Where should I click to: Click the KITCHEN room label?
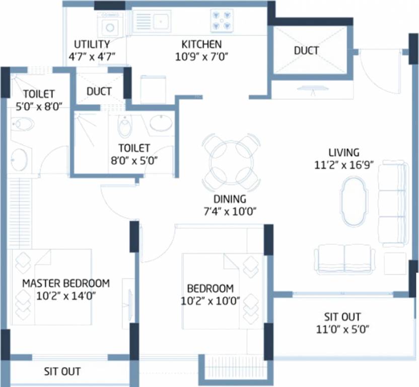(x=201, y=44)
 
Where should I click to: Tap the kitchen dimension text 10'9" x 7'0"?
(x=201, y=56)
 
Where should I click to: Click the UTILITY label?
(x=92, y=44)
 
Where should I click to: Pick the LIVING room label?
(x=344, y=152)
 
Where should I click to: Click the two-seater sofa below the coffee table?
(x=344, y=259)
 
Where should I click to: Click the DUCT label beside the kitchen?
(x=306, y=50)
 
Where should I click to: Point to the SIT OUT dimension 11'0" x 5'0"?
(x=342, y=330)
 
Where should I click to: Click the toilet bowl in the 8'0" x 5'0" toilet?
(x=124, y=126)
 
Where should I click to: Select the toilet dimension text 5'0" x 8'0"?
(x=39, y=106)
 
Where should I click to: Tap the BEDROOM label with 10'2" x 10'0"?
(x=210, y=289)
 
